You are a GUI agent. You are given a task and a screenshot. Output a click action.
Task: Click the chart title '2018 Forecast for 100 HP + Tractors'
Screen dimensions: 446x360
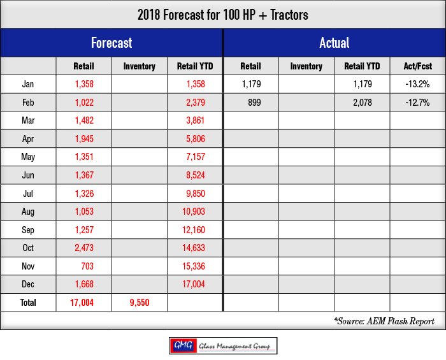tap(223, 15)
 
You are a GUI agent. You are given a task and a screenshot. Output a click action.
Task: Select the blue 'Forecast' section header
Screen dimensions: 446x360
tap(111, 43)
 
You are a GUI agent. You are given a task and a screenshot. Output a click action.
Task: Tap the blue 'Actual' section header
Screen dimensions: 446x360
tap(334, 43)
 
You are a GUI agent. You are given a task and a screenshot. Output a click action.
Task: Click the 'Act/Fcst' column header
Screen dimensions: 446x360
tap(417, 66)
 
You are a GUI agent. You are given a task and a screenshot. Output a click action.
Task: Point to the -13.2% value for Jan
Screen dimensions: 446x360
tap(417, 84)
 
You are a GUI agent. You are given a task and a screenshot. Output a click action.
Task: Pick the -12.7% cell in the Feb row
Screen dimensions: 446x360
tap(417, 103)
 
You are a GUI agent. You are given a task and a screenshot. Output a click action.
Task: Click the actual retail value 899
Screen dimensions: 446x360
tap(254, 103)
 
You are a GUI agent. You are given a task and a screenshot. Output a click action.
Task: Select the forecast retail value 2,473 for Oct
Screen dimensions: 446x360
tap(84, 248)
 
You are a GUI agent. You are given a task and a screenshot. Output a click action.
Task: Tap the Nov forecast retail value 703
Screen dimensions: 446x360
tap(87, 266)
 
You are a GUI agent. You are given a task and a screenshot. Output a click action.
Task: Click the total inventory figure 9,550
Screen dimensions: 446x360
tap(140, 303)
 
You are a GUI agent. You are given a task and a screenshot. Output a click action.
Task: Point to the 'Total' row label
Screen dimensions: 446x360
tap(28, 303)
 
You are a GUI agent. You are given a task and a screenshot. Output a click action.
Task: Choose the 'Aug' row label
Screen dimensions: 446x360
tap(28, 212)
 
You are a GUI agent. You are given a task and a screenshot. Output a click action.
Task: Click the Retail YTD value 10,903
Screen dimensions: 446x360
tap(194, 212)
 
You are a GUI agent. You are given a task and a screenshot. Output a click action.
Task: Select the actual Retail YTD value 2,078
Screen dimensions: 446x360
tap(363, 103)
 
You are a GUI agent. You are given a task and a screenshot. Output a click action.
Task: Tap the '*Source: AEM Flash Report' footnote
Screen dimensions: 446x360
tap(384, 321)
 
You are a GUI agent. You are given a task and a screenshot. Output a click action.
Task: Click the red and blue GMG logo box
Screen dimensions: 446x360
tap(183, 346)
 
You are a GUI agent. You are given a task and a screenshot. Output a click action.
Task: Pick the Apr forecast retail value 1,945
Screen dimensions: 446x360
tap(84, 139)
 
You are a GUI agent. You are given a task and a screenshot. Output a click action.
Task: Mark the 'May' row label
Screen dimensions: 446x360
tap(28, 157)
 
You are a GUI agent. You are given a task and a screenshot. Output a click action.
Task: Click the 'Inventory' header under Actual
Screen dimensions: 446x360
tap(306, 66)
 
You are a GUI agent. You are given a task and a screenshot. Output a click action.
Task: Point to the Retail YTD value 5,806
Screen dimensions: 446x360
tap(196, 139)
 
